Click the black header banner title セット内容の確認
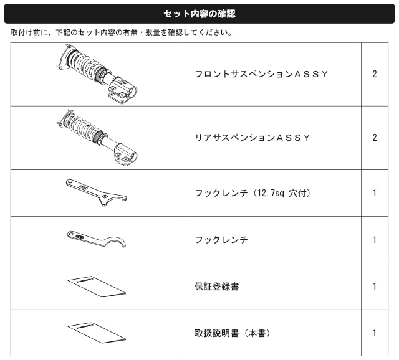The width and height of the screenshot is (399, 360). [x=199, y=14]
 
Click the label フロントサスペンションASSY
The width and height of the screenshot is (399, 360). [x=261, y=74]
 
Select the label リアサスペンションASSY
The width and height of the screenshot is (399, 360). [x=252, y=138]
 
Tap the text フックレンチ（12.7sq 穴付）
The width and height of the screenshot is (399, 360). [x=253, y=193]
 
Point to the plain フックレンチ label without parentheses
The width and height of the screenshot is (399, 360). [x=221, y=240]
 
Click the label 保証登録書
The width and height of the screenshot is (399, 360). [x=217, y=287]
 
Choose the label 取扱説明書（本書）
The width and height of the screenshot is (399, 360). [x=233, y=333]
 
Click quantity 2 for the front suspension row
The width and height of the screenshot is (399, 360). [x=375, y=74]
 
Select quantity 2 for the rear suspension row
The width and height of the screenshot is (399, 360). [x=375, y=138]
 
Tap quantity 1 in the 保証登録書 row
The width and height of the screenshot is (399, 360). [x=375, y=287]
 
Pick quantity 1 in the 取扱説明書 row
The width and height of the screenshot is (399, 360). [x=375, y=333]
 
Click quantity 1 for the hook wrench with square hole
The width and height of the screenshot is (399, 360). [x=375, y=193]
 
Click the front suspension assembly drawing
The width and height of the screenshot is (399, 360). [x=96, y=73]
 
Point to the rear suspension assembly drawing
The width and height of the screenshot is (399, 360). [x=96, y=138]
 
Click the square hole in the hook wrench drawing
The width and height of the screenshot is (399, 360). [x=105, y=197]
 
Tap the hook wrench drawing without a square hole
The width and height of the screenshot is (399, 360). [x=97, y=240]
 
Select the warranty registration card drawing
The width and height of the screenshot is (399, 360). [x=97, y=287]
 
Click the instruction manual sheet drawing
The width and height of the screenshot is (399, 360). [x=97, y=333]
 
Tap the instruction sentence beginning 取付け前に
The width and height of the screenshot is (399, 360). [x=121, y=32]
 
